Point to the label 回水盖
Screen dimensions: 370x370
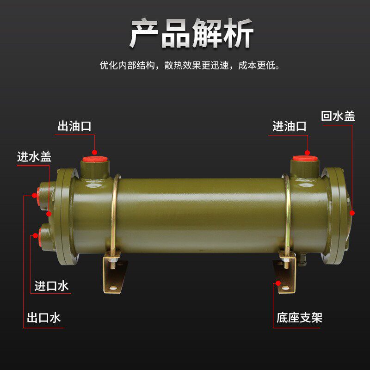[x=338, y=116]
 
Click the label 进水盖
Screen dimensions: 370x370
[x=34, y=157]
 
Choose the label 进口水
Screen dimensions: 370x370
[x=51, y=286]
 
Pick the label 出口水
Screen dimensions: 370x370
[x=43, y=318]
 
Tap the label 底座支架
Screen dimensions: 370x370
[x=299, y=318]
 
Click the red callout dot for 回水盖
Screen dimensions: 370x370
[x=352, y=213]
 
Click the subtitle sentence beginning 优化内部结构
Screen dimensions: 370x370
[x=190, y=65]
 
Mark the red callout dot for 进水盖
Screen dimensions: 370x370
[x=49, y=213]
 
